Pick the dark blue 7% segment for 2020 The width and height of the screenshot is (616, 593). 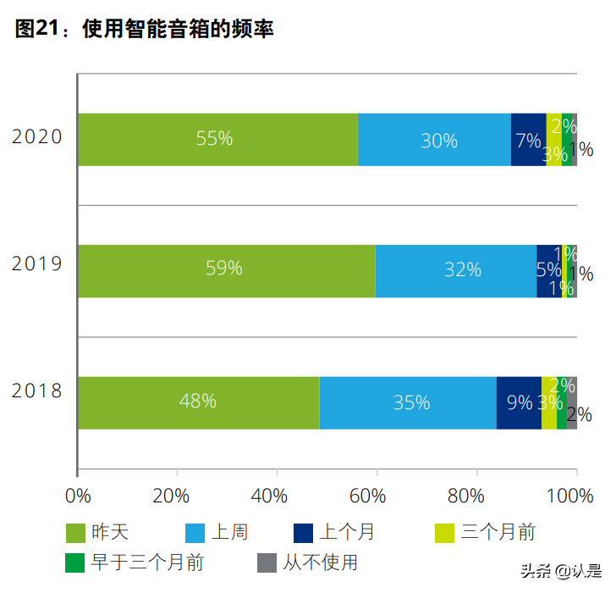point(528,139)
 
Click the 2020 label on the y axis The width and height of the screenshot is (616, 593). point(37,136)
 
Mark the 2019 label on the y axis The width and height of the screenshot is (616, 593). point(37,263)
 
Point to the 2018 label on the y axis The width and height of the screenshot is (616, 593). point(37,391)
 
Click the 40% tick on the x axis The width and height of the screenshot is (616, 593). point(277,496)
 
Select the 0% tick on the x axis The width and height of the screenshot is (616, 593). point(78,496)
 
